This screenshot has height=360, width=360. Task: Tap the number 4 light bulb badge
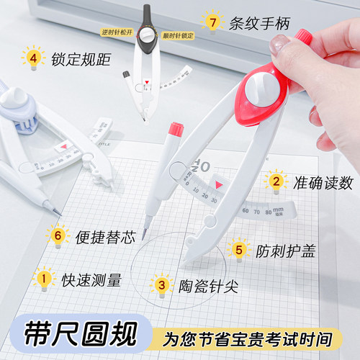[x=32, y=57]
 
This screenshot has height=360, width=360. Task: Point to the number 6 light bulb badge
[x=57, y=233]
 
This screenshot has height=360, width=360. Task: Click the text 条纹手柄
[x=261, y=24]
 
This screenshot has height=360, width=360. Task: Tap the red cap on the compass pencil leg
[x=175, y=130]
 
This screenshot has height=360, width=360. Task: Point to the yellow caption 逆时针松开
[x=115, y=33]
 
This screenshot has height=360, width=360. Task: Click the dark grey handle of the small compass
[x=147, y=14]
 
